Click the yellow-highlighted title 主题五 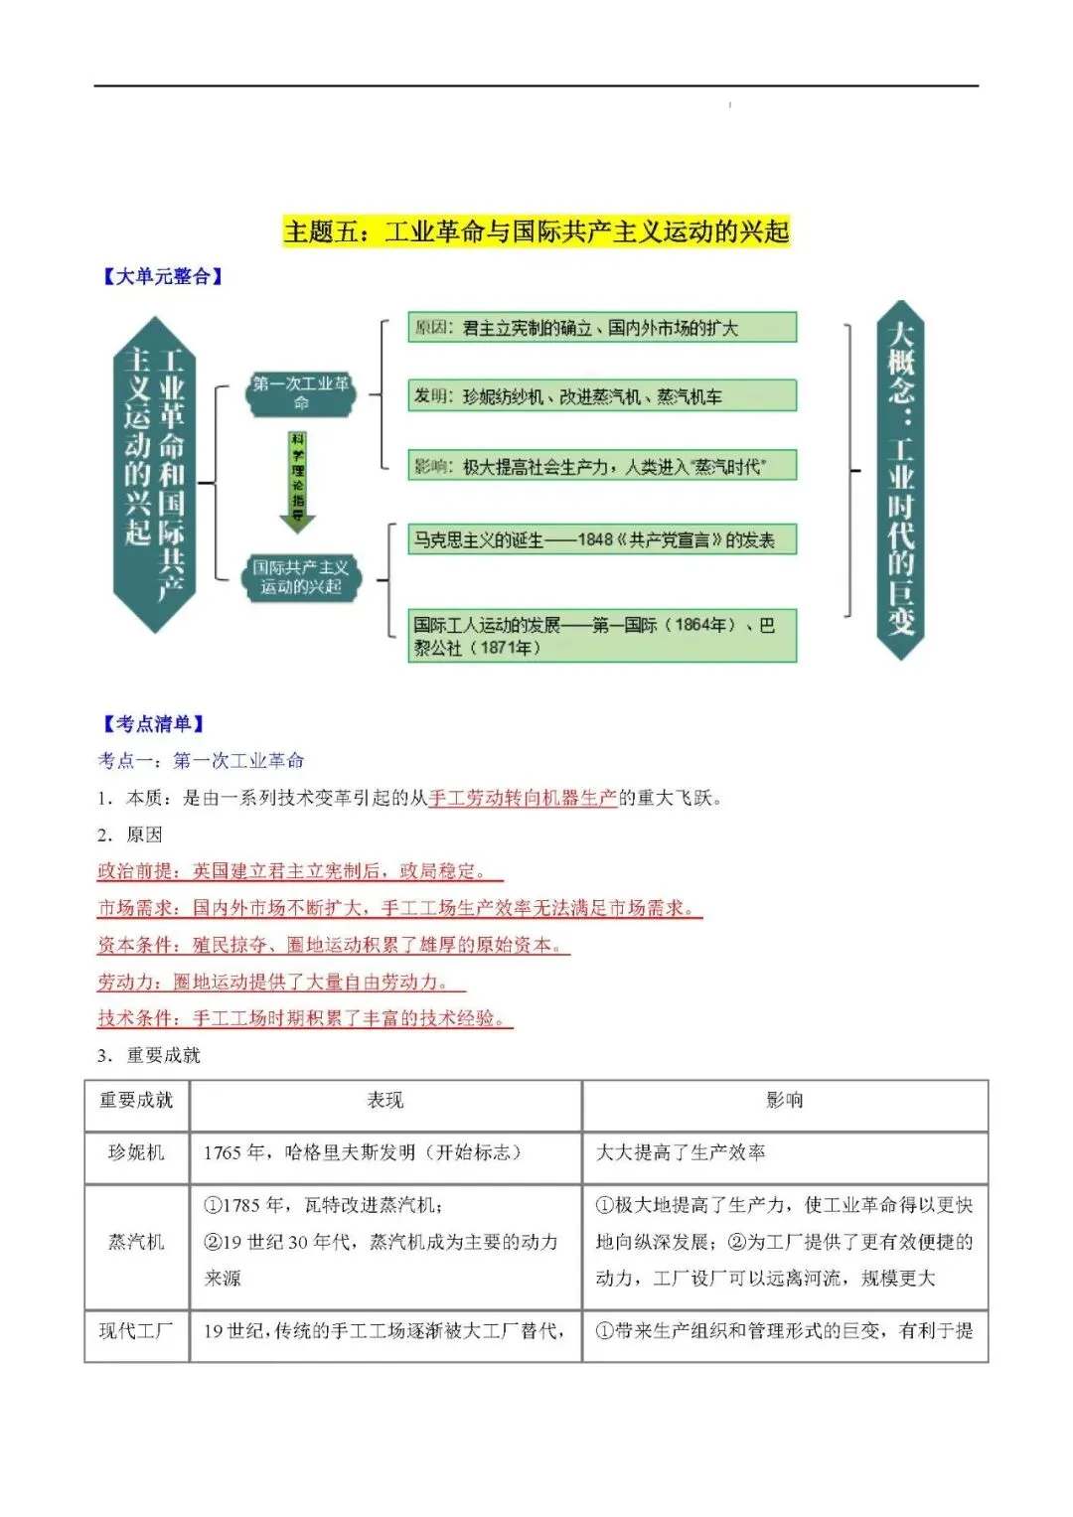(x=536, y=231)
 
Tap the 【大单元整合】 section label (x=162, y=276)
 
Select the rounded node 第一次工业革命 (x=300, y=393)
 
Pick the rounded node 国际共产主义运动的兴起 (x=300, y=577)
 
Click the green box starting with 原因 (x=602, y=328)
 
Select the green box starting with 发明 (x=602, y=396)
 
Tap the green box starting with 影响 (x=602, y=466)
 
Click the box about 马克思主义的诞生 (x=602, y=539)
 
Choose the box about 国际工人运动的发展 (x=602, y=636)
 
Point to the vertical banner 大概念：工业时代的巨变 (x=900, y=480)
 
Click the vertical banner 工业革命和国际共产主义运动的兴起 (x=155, y=475)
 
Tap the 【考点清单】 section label (x=153, y=724)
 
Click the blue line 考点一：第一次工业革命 (x=201, y=761)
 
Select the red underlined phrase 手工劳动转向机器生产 (x=523, y=798)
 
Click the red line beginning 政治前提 (x=299, y=871)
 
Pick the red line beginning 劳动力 (x=280, y=982)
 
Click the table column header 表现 (x=385, y=1101)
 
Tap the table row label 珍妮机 (x=136, y=1152)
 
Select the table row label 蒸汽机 (x=136, y=1242)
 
